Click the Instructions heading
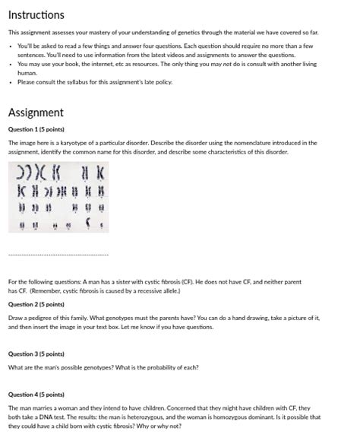[x=36, y=14]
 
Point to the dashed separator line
[x=58, y=254]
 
